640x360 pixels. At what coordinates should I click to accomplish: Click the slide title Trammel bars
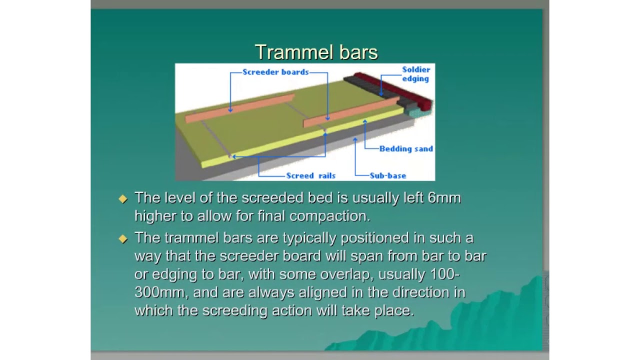[316, 52]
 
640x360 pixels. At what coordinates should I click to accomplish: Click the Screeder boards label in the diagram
[275, 72]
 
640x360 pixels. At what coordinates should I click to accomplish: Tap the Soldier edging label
[415, 74]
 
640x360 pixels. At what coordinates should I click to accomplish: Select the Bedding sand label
[406, 148]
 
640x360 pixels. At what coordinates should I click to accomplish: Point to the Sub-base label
[387, 175]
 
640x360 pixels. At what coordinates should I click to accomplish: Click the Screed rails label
[310, 175]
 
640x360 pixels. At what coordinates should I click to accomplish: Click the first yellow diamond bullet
[123, 198]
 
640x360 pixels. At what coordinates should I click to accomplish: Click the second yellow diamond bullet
[123, 239]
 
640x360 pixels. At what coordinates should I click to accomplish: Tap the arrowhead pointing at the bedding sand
[365, 121]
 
